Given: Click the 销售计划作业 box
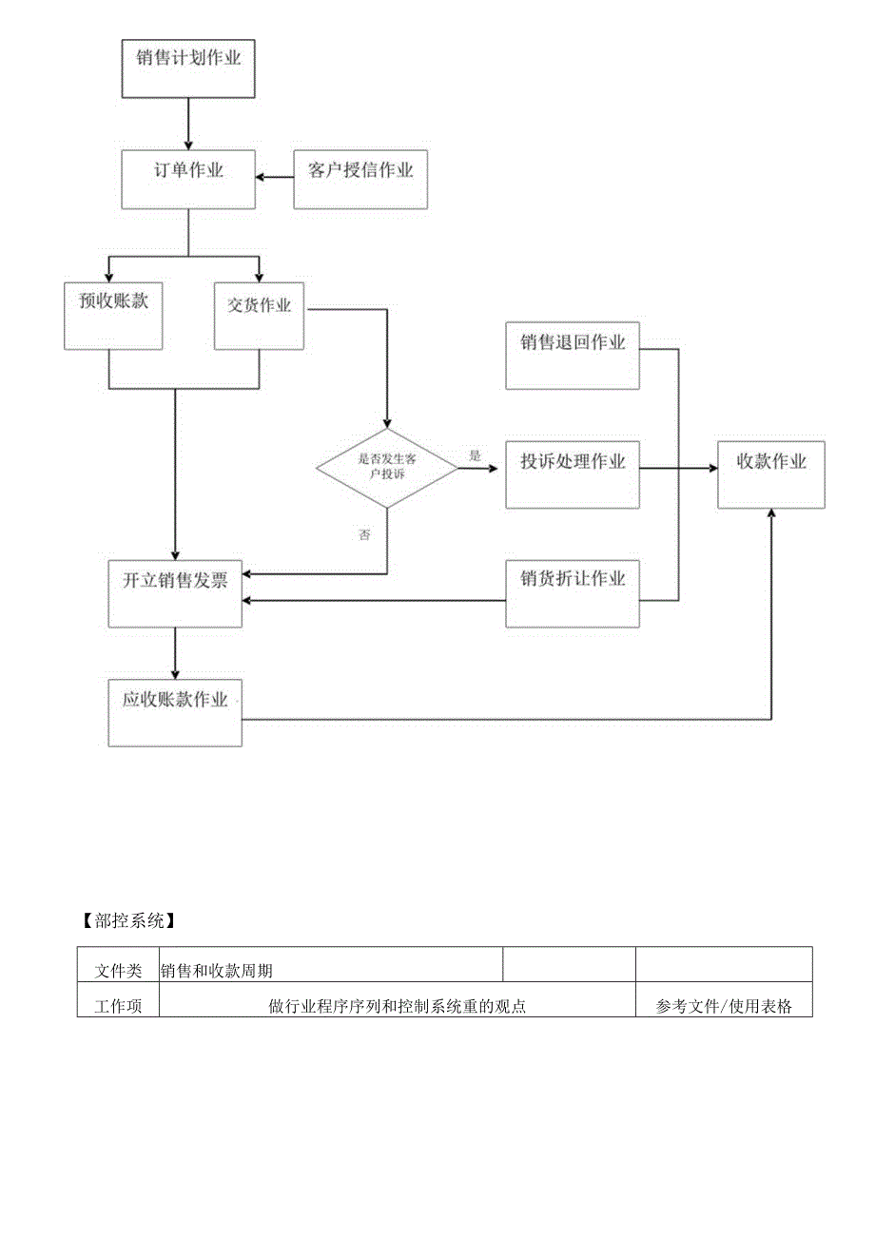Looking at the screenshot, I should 188,68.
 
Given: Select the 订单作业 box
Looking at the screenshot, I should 188,179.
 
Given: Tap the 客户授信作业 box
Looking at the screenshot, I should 360,179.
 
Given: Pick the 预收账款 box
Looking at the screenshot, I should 113,316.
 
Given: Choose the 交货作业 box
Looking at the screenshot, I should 260,316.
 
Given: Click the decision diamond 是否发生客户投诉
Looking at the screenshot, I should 386,466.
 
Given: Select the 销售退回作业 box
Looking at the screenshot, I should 572,356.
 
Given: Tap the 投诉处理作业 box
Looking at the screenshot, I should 572,474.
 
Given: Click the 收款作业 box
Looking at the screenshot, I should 771,474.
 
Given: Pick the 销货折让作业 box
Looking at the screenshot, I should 572,592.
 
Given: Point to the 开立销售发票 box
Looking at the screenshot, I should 175,592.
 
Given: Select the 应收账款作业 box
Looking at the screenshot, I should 175,712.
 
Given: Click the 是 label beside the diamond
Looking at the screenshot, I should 475,455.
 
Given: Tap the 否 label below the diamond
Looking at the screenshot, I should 365,535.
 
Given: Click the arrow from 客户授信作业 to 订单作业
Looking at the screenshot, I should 274,178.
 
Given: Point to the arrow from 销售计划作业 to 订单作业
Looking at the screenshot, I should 188,123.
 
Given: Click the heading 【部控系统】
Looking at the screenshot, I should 126,920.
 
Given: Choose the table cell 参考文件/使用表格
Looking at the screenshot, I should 724,1006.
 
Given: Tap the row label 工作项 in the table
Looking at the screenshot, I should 119,1006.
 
